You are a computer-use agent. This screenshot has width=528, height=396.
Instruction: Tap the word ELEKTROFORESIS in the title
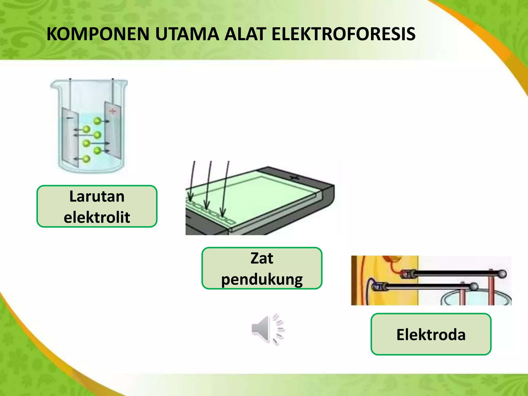pyautogui.click(x=343, y=34)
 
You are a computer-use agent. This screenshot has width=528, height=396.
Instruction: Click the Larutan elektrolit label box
pyautogui.click(x=97, y=206)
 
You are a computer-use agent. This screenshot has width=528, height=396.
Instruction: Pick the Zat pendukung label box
pyautogui.click(x=262, y=268)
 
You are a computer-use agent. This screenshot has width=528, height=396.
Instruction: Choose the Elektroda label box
pyautogui.click(x=431, y=334)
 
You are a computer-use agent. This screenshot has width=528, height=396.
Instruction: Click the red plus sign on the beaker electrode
pyautogui.click(x=112, y=111)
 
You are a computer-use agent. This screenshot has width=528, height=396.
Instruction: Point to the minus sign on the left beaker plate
pyautogui.click(x=70, y=118)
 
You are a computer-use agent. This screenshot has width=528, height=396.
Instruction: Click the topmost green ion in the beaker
pyautogui.click(x=97, y=121)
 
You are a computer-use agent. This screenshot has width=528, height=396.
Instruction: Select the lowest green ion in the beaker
pyautogui.click(x=86, y=159)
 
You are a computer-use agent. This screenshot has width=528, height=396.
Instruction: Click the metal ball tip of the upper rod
pyautogui.click(x=502, y=274)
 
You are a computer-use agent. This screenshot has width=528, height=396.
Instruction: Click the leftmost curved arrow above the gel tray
pyautogui.click(x=191, y=180)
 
